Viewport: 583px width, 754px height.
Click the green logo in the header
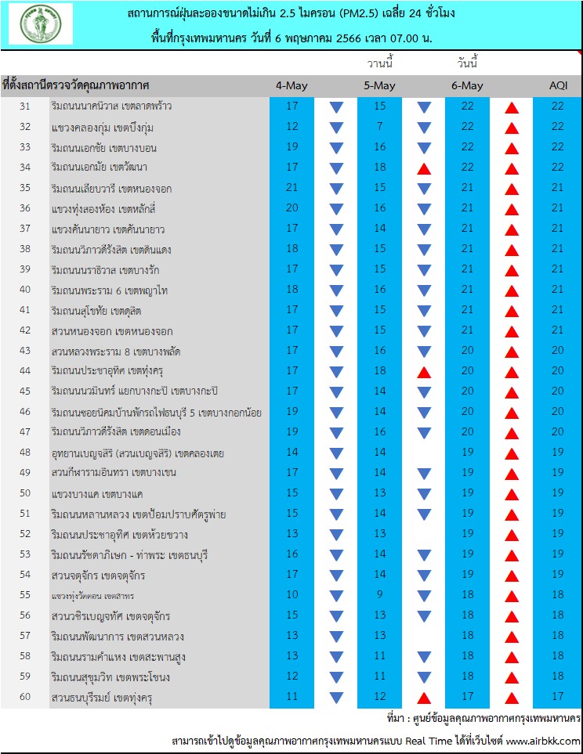point(41,23)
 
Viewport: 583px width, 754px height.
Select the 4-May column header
point(291,85)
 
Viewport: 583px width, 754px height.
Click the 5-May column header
point(379,85)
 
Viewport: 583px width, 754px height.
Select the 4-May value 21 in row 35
point(291,188)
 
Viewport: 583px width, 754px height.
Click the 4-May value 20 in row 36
point(291,208)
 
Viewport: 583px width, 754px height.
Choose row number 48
point(25,453)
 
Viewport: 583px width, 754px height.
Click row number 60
point(25,697)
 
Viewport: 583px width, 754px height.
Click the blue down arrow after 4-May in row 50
point(336,494)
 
